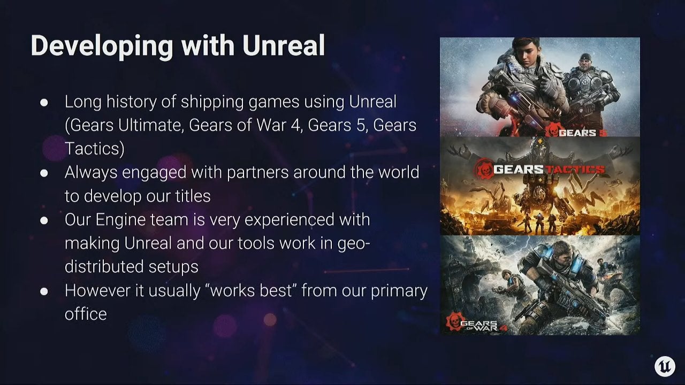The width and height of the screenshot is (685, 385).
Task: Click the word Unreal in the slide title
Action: [284, 45]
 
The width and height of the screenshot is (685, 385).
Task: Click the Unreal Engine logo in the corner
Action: [665, 366]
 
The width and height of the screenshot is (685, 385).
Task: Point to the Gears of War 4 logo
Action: [476, 322]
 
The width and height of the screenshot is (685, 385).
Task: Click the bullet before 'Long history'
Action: [44, 102]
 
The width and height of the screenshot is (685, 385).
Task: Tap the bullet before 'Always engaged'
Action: [44, 173]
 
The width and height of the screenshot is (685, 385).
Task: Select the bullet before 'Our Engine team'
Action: [44, 220]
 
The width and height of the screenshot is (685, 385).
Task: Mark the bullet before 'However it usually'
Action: [44, 291]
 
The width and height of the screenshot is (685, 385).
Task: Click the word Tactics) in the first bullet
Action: [95, 149]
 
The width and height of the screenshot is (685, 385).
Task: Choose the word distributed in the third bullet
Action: [104, 266]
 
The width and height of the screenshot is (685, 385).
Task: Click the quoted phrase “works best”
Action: [254, 290]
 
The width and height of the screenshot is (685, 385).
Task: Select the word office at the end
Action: [86, 314]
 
